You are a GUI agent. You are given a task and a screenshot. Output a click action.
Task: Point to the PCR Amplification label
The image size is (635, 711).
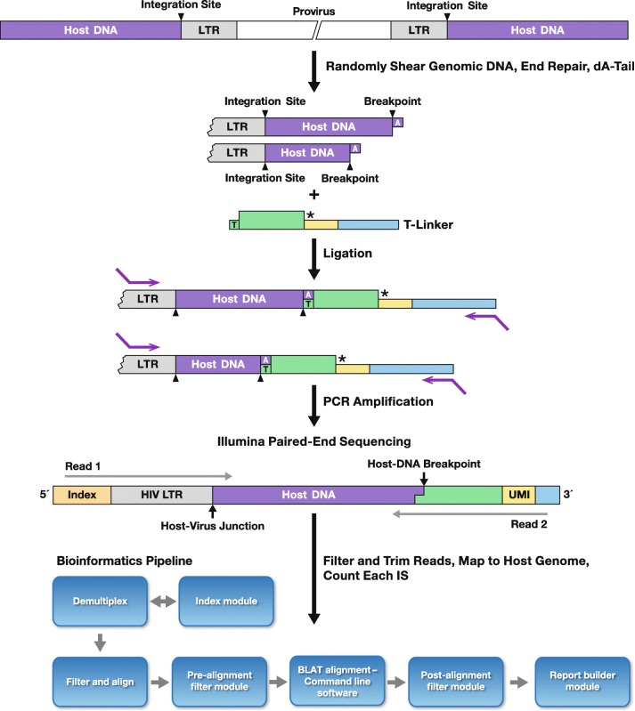point(379,401)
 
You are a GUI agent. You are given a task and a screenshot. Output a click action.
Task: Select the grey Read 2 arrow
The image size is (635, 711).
point(468,513)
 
